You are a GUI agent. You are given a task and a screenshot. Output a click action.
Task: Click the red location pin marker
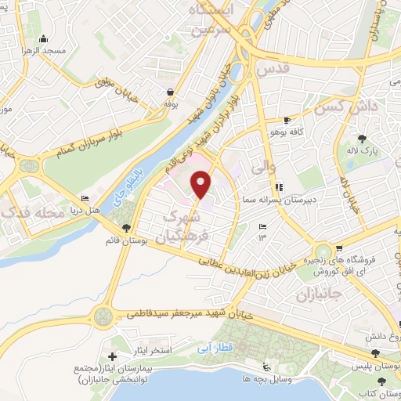click(201, 185)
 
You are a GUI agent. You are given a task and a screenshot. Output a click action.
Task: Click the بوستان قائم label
click(128, 240)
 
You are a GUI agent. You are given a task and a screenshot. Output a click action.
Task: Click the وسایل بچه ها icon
click(266, 367)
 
